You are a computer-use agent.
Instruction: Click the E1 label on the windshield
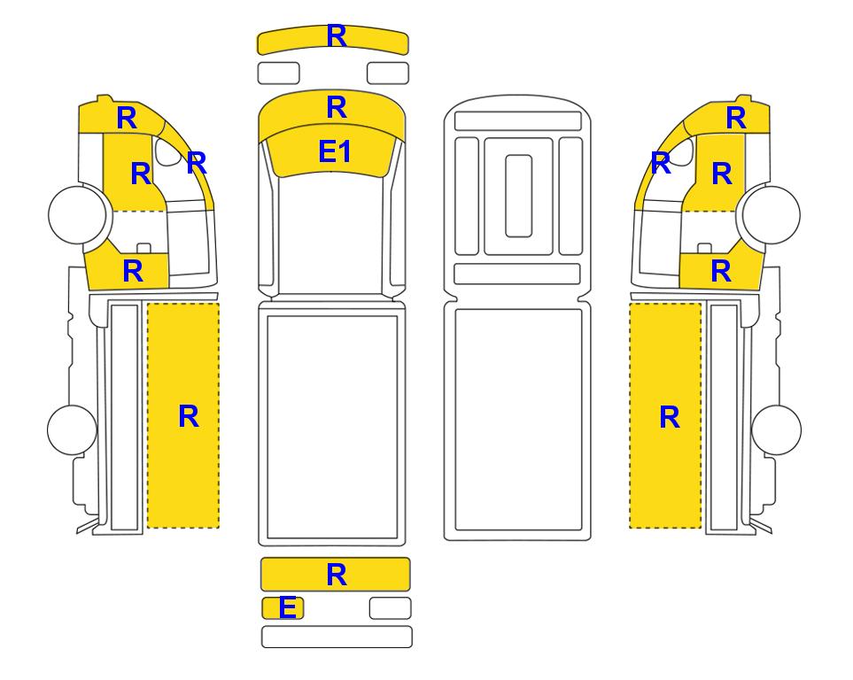point(335,151)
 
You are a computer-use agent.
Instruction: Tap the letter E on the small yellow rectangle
point(287,607)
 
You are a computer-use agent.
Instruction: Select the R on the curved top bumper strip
point(337,36)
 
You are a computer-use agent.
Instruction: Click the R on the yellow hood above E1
point(337,107)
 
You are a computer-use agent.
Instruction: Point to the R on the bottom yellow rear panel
point(337,575)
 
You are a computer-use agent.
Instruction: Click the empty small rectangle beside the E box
point(390,608)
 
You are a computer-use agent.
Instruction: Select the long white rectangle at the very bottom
point(337,637)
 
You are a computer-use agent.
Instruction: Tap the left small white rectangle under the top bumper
point(278,73)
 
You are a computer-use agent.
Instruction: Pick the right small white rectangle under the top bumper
point(388,73)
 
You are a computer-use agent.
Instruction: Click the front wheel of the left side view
point(77,214)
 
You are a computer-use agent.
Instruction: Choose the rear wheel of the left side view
point(72,429)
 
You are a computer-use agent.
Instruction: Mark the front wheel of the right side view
point(772,214)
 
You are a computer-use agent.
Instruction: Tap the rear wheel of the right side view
point(776,429)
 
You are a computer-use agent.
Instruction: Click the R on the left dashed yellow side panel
point(189,416)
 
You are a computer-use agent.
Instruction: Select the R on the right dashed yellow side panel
point(670,417)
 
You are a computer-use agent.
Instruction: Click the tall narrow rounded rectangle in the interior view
point(518,196)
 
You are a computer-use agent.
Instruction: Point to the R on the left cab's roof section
point(127,118)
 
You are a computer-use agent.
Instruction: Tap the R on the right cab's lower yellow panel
point(721,271)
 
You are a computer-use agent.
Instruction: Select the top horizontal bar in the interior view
point(518,120)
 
